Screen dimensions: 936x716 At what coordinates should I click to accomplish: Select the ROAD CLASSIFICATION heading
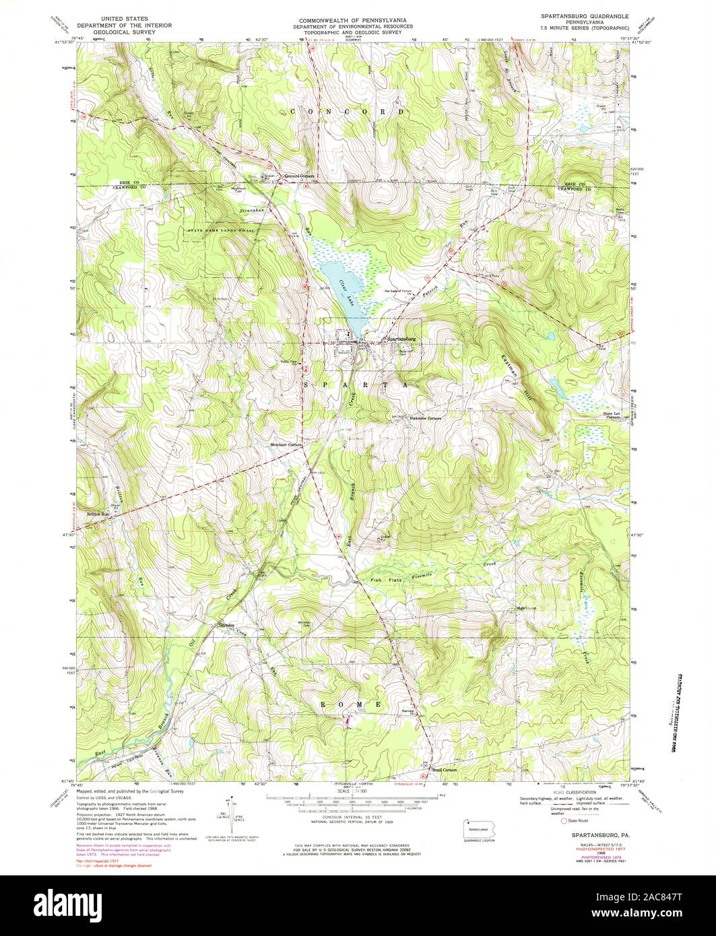point(590,793)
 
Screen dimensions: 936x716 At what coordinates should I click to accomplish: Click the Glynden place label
point(225,625)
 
